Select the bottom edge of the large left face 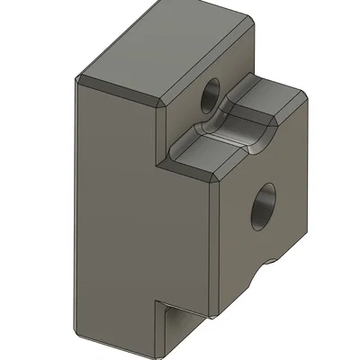[x=117, y=347]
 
